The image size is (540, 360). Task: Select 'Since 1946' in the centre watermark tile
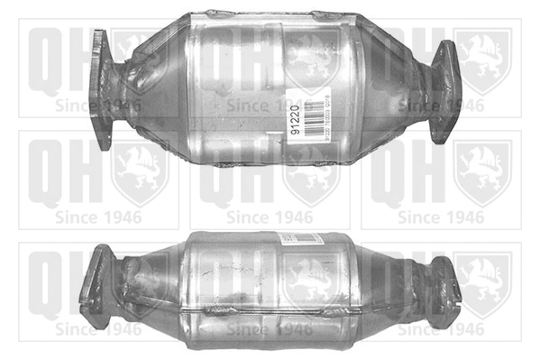270,217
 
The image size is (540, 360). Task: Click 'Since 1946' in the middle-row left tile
98,217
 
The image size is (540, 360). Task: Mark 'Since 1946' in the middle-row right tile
441,217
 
